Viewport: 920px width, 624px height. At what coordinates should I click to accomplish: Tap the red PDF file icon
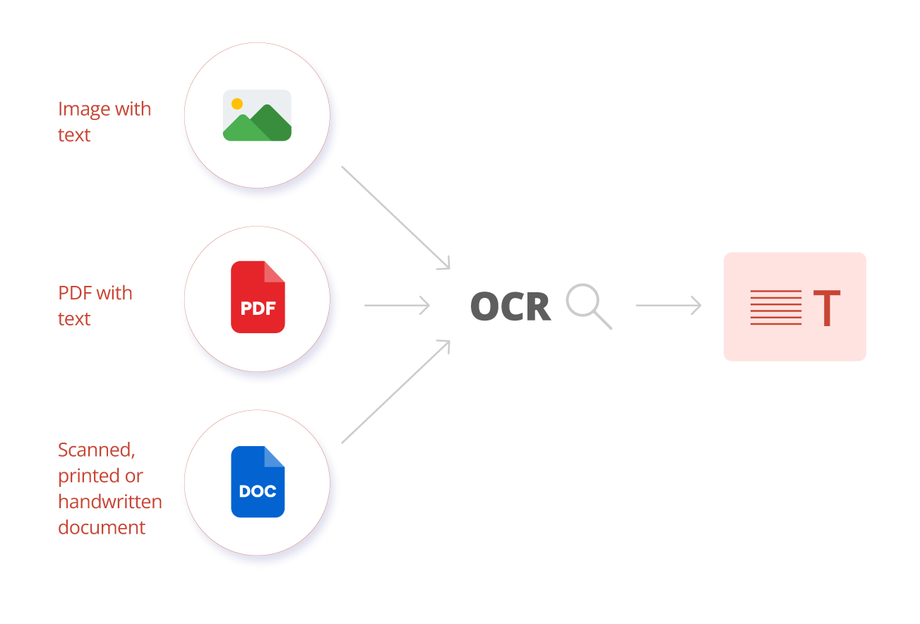[x=258, y=296]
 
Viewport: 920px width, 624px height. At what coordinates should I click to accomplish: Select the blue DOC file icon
[x=258, y=481]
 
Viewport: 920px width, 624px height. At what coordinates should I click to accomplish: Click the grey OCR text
[x=510, y=306]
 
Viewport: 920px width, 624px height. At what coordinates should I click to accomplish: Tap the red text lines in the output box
[x=775, y=308]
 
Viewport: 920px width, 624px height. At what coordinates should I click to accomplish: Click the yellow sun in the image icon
[x=237, y=104]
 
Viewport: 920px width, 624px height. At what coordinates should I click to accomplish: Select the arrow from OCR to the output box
[x=668, y=306]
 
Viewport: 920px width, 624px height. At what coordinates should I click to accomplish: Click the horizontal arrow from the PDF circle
[x=397, y=306]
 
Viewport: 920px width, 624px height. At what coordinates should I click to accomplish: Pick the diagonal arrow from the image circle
[x=395, y=217]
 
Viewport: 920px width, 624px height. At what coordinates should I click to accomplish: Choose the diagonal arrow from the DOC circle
[x=395, y=392]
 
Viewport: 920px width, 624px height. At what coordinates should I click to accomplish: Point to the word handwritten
[x=110, y=501]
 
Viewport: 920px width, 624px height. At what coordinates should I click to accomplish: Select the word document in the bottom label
[x=102, y=527]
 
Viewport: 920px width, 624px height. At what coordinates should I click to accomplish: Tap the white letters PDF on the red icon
[x=258, y=308]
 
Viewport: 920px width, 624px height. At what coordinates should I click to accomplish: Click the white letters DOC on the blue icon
[x=258, y=491]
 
